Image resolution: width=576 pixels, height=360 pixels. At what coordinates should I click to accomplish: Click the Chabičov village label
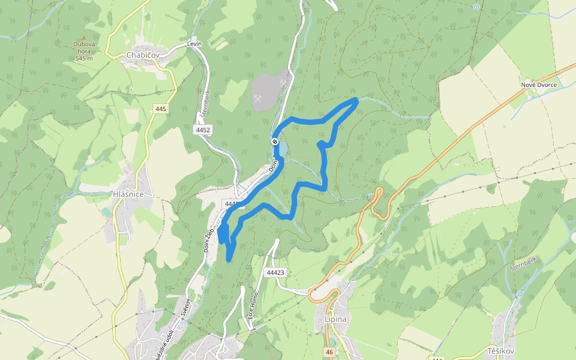click(143, 55)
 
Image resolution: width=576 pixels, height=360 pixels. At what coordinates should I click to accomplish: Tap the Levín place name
click(194, 44)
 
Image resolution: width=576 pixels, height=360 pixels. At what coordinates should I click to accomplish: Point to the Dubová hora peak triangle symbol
click(84, 37)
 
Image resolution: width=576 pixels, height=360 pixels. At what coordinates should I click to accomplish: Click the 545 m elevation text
click(84, 58)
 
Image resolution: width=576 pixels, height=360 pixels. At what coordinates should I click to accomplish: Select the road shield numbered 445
click(160, 109)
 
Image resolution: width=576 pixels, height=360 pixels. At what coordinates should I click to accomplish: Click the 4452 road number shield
click(203, 129)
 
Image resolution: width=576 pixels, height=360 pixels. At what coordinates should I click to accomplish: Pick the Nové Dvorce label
click(538, 85)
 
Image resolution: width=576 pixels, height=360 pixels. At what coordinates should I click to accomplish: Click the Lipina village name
click(335, 319)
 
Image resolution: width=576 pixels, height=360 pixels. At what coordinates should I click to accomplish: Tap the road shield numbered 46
click(329, 352)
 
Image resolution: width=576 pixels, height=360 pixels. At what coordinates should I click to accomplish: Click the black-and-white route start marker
click(275, 142)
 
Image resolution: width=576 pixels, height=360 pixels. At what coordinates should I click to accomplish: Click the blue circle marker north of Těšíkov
click(520, 294)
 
